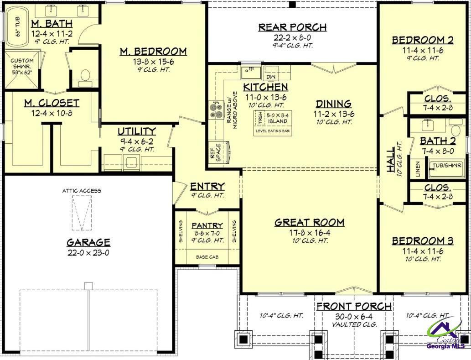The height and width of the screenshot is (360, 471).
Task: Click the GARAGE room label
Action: (88, 242)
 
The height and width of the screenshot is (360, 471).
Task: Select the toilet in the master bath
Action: (85, 76)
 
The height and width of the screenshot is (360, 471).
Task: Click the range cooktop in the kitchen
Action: (214, 109)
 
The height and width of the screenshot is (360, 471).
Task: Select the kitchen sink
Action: (250, 72)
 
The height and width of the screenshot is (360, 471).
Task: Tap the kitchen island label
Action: (277, 118)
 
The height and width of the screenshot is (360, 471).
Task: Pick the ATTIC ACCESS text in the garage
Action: (82, 191)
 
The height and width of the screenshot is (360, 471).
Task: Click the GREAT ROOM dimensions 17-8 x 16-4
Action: (309, 232)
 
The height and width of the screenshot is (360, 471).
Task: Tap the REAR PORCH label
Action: (292, 27)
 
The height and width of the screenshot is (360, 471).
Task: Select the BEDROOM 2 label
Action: (423, 40)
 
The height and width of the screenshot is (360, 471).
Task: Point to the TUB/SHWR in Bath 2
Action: (446, 165)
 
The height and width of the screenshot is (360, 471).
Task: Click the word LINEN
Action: (417, 167)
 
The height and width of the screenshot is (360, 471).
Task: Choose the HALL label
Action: (391, 160)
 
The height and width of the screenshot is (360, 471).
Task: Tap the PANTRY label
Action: (207, 225)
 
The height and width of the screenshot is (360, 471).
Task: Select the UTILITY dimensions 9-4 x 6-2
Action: (137, 141)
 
